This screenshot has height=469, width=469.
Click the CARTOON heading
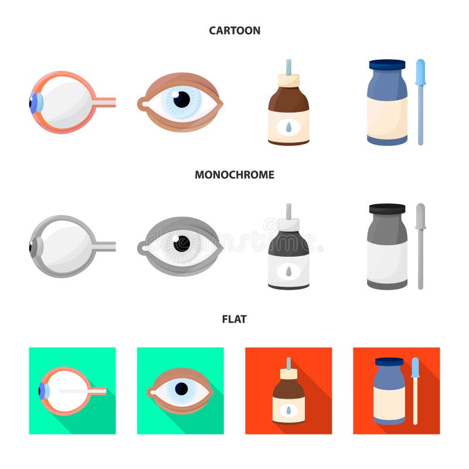pyautogui.click(x=235, y=30)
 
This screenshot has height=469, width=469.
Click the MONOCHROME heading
pyautogui.click(x=235, y=175)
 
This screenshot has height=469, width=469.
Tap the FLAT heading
pyautogui.click(x=235, y=319)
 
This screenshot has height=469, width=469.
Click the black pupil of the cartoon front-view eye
pyautogui.click(x=182, y=99)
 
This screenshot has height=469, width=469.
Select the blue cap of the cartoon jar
pyautogui.click(x=387, y=64)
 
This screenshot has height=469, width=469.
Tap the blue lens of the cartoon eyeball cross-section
pyautogui.click(x=35, y=103)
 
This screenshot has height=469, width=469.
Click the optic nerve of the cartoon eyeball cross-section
pyautogui.click(x=106, y=103)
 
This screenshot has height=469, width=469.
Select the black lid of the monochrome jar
pyautogui.click(x=387, y=209)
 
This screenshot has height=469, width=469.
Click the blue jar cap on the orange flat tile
pyautogui.click(x=389, y=362)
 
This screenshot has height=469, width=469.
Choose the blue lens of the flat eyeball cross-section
pyautogui.click(x=42, y=390)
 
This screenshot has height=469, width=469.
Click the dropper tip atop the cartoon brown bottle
pyautogui.click(x=288, y=65)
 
